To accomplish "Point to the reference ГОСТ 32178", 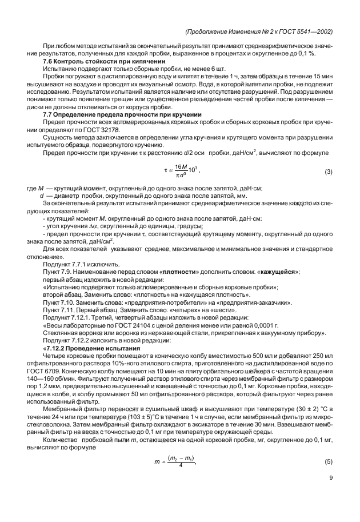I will point(105,129).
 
